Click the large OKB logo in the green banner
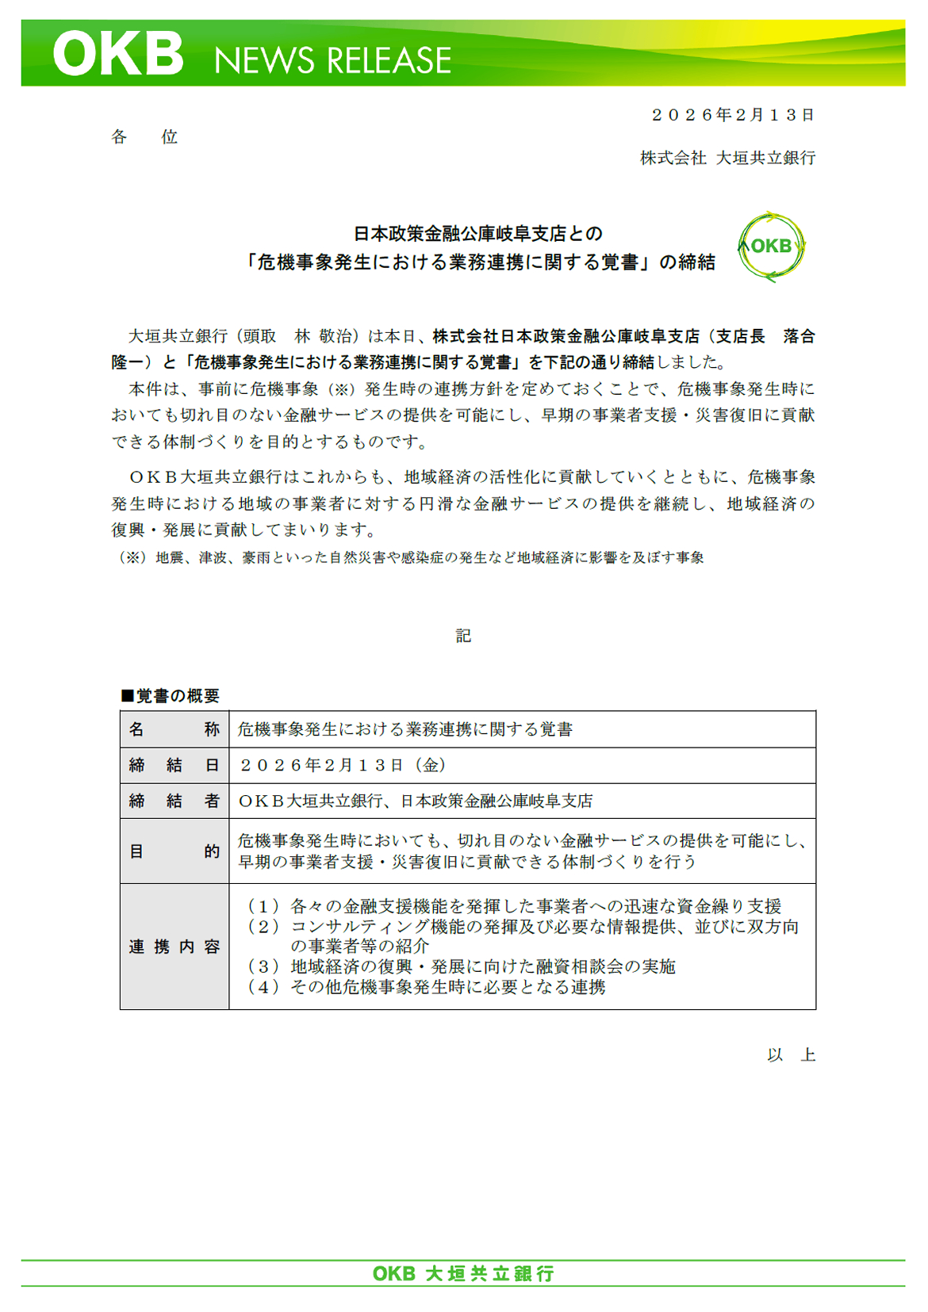coord(119,54)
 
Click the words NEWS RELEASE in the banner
coord(332,61)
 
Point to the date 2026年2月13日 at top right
coord(733,115)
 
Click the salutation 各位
coord(144,137)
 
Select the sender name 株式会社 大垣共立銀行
coord(727,158)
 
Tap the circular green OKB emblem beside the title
coord(771,247)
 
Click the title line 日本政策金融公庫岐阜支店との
coord(477,234)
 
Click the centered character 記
coord(463,636)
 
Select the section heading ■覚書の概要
coord(170,695)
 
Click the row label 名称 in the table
coord(174,729)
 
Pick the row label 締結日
coord(174,765)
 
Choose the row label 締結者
coord(174,801)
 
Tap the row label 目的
coord(174,851)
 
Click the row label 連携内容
coord(174,947)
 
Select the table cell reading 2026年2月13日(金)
coord(343,765)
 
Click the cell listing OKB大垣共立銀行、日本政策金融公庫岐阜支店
coord(416,801)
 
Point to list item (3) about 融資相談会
coord(462,966)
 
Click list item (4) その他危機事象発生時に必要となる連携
coord(427,987)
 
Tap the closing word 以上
coord(791,1055)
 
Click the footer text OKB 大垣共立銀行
coord(463,1273)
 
